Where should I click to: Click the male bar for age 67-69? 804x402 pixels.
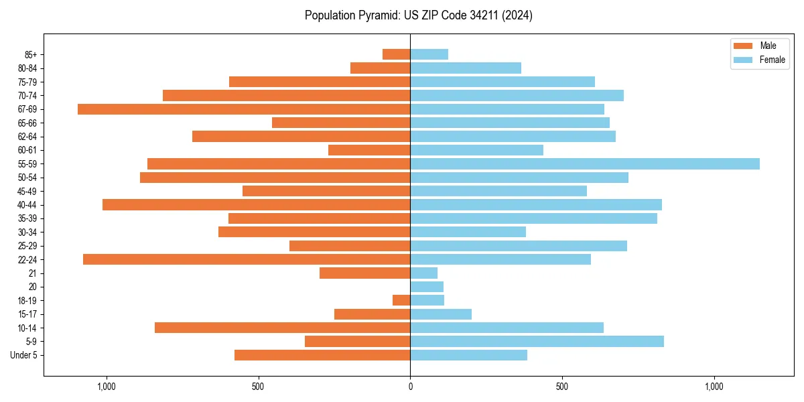pyautogui.click(x=244, y=109)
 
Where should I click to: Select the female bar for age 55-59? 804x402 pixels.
pyautogui.click(x=585, y=163)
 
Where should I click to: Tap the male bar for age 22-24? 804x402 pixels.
pyautogui.click(x=247, y=259)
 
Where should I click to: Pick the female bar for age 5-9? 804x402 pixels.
pyautogui.click(x=537, y=341)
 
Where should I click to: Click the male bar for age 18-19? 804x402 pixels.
pyautogui.click(x=401, y=300)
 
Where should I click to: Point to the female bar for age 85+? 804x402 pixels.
pyautogui.click(x=429, y=54)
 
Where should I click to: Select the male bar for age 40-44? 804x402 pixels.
pyautogui.click(x=256, y=204)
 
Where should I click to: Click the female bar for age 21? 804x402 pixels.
pyautogui.click(x=423, y=273)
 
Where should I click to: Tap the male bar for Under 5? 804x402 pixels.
pyautogui.click(x=322, y=355)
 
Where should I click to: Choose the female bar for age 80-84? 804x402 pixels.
pyautogui.click(x=466, y=68)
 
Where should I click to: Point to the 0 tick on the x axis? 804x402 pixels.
pyautogui.click(x=410, y=387)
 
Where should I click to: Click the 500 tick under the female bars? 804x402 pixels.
pyautogui.click(x=562, y=387)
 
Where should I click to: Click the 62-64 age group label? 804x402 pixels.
pyautogui.click(x=27, y=136)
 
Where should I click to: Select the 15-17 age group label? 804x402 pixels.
pyautogui.click(x=27, y=314)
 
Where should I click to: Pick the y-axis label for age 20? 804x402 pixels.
pyautogui.click(x=32, y=287)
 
